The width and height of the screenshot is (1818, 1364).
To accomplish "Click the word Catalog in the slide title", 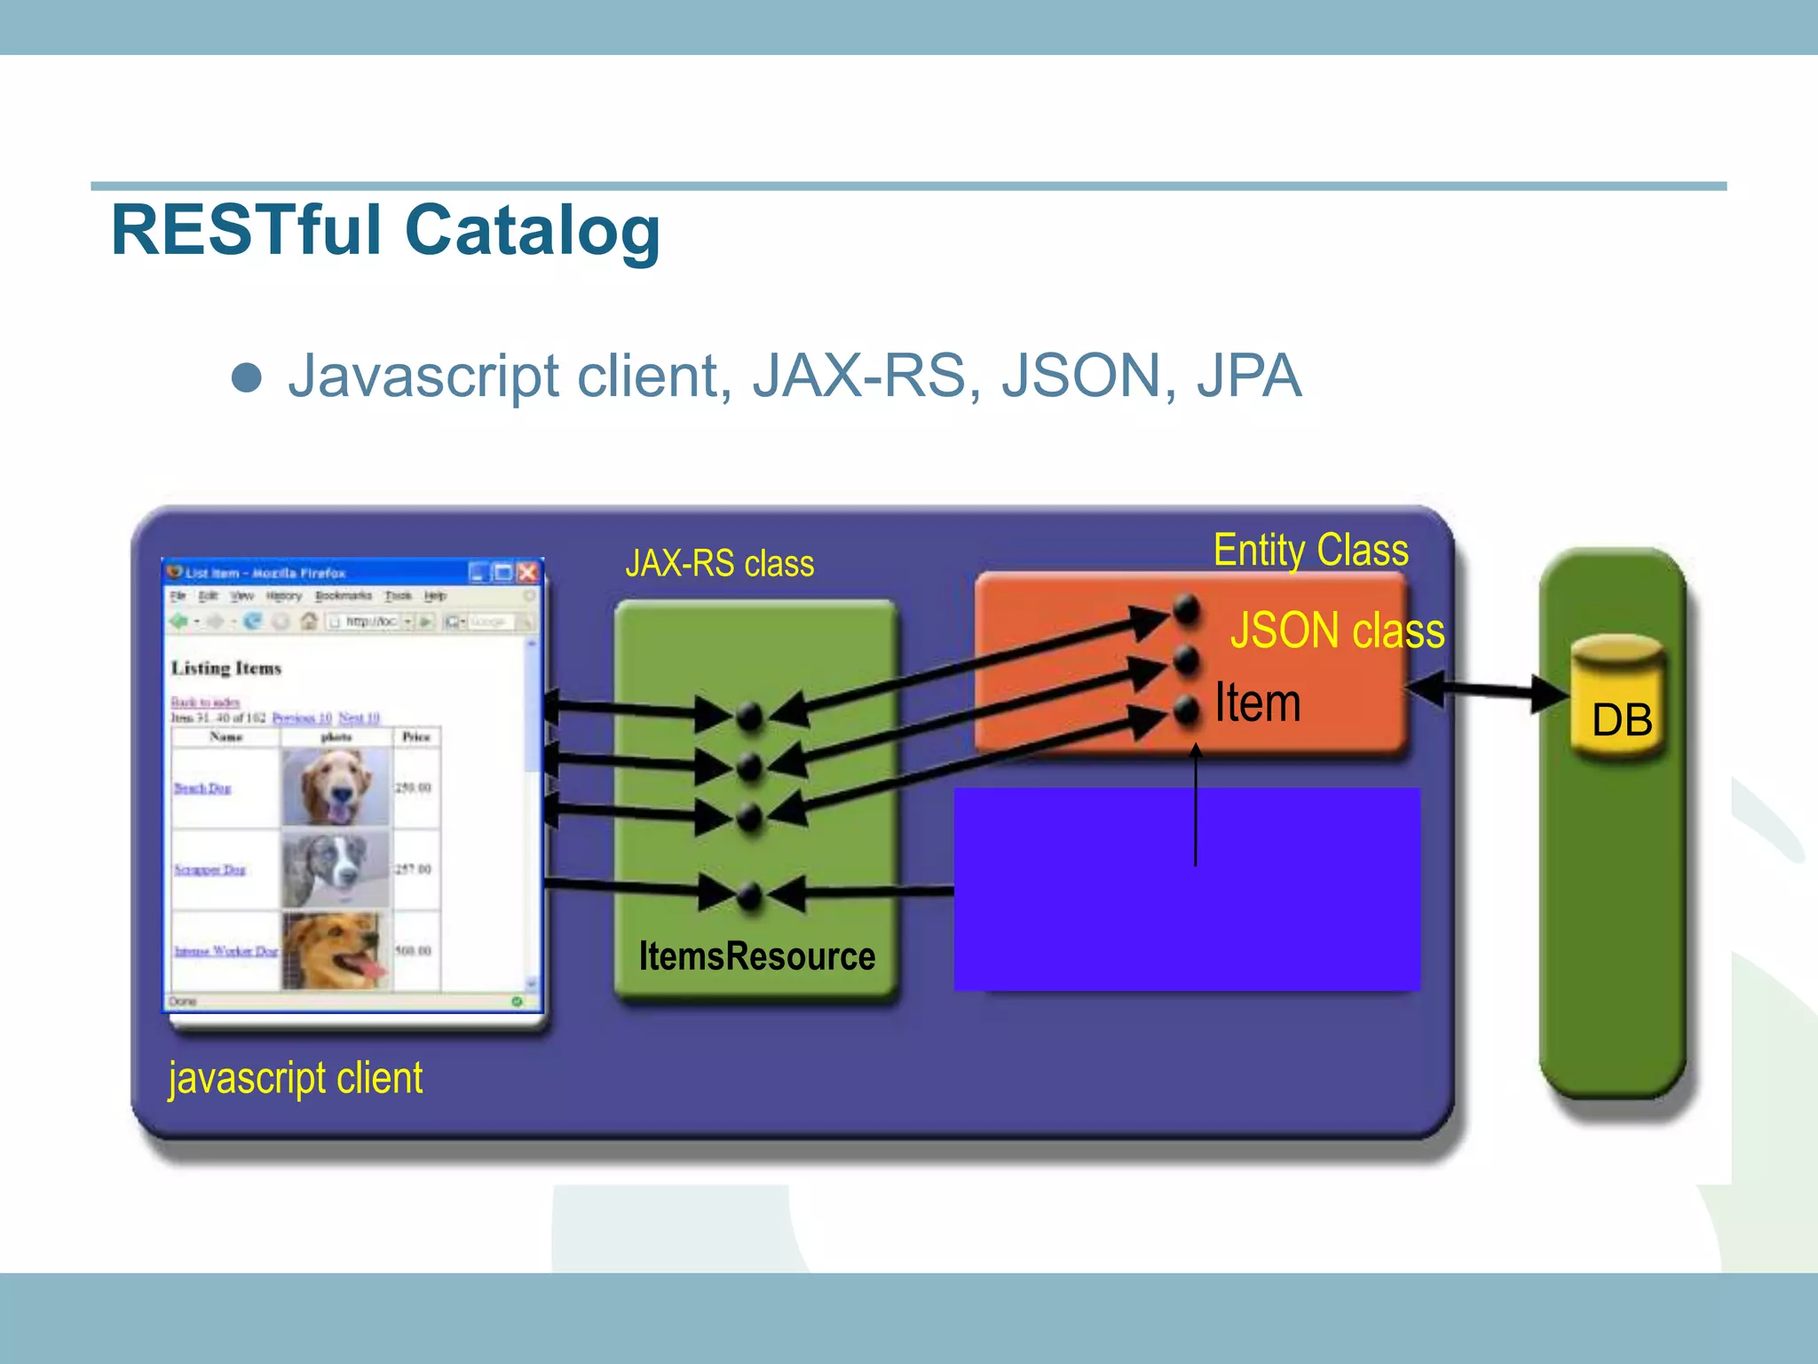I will (533, 231).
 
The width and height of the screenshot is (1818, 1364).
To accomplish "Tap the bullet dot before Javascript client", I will (246, 377).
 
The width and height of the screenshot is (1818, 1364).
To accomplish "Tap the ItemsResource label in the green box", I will (756, 956).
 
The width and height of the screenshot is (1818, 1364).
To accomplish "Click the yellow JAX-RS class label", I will (719, 564).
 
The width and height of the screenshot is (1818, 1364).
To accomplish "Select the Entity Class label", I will (1310, 551).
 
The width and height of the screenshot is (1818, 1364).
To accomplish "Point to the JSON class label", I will (1337, 630).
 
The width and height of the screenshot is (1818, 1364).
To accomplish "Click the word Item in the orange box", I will (1257, 703).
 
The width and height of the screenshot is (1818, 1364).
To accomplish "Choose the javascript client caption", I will (296, 1078).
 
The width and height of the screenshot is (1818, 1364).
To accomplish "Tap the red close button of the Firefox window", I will (527, 573).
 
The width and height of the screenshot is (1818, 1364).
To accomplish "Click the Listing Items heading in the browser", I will (226, 669).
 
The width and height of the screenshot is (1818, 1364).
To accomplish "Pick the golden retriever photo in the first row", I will (336, 787).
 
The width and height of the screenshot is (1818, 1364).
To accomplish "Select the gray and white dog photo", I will (336, 868).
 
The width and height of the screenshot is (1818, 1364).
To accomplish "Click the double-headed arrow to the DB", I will (1488, 691).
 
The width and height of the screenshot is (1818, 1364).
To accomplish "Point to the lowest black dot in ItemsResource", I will (750, 894).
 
